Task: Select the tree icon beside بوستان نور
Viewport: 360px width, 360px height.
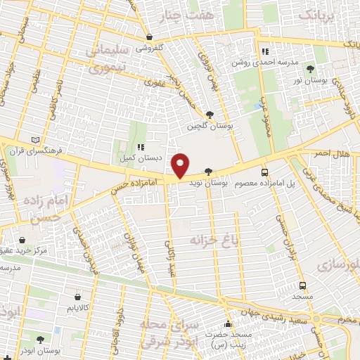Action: (310, 68)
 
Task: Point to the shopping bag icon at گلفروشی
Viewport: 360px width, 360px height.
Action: (148, 37)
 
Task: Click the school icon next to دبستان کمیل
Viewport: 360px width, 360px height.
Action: (141, 147)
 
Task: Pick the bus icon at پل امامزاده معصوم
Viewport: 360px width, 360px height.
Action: (264, 172)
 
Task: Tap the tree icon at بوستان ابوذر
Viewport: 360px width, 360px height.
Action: (39, 340)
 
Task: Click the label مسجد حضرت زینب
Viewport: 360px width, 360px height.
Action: (228, 340)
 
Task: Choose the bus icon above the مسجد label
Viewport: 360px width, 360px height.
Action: (302, 285)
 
